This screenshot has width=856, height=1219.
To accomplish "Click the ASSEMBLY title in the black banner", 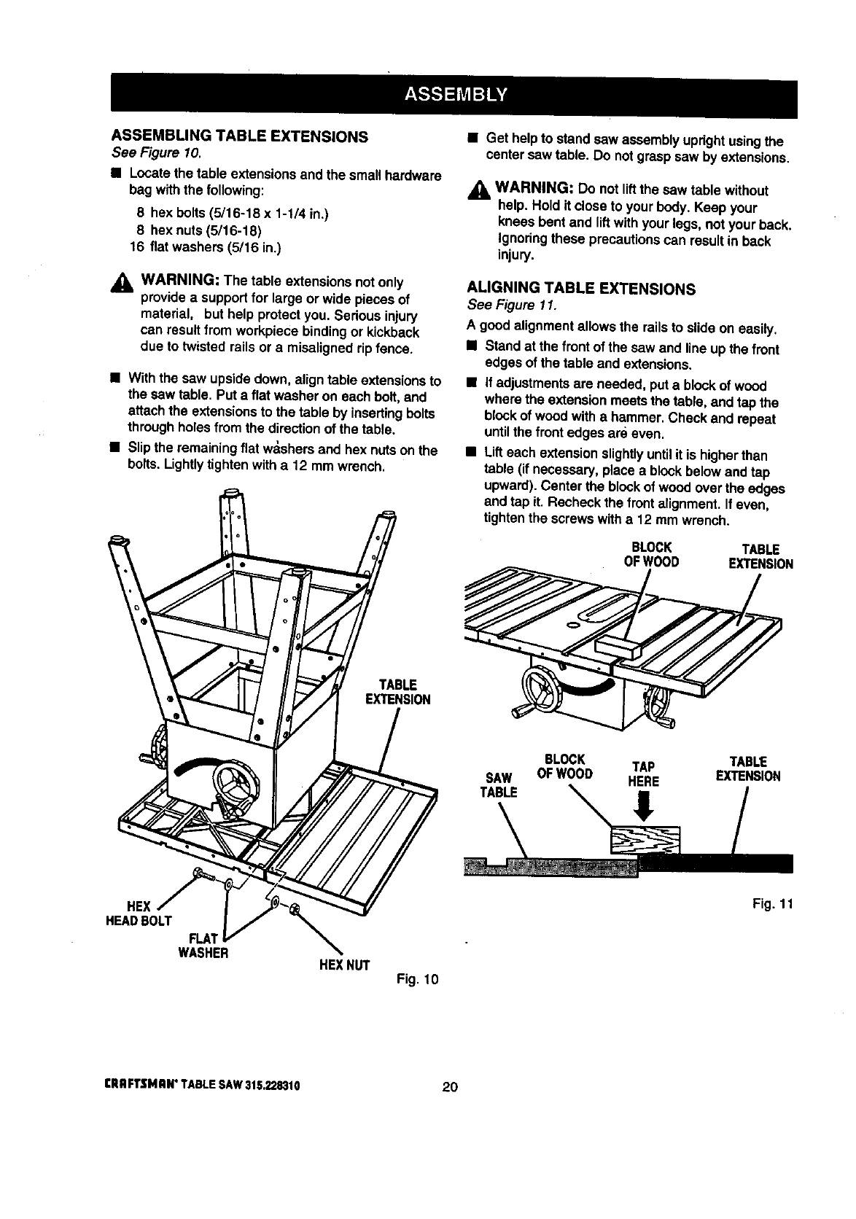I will click(454, 96).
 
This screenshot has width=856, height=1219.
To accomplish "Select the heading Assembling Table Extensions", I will click(238, 137).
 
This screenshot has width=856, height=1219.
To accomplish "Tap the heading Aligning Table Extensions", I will click(580, 289).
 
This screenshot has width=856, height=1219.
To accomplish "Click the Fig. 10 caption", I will click(418, 978).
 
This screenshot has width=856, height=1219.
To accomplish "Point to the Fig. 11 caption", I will click(772, 904).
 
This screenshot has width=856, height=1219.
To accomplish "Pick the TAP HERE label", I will click(645, 774).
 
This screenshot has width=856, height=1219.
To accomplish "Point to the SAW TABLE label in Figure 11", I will click(497, 784).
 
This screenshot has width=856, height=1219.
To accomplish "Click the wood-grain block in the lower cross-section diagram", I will click(645, 838).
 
